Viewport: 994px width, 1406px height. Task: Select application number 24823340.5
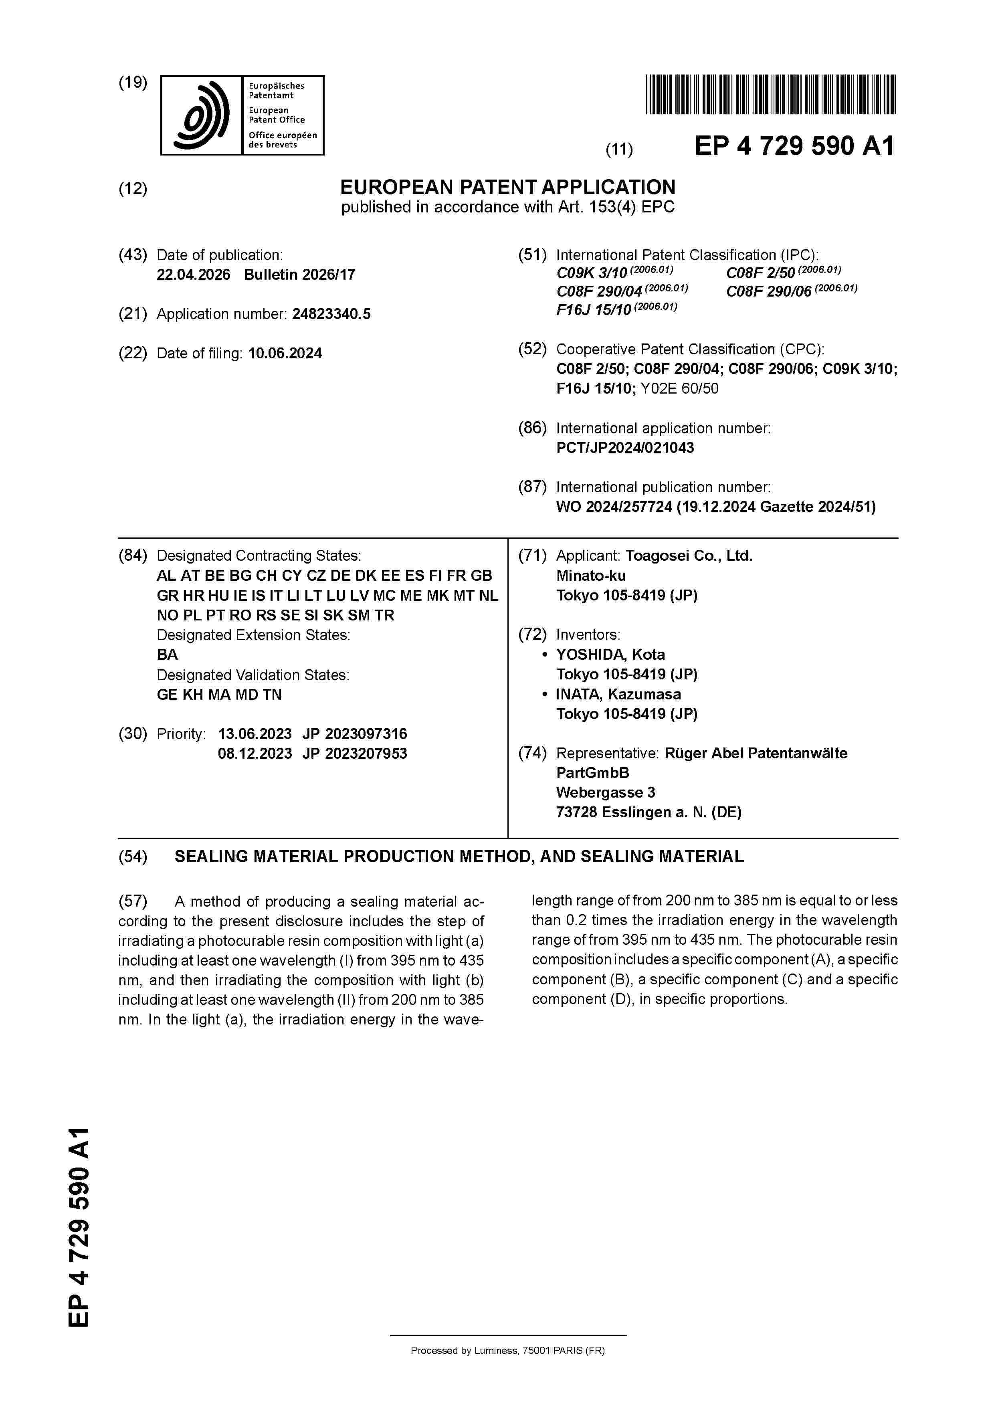(x=331, y=314)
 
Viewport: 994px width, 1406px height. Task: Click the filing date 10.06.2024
(x=285, y=354)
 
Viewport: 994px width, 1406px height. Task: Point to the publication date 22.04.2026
(x=194, y=274)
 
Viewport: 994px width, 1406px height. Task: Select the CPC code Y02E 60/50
(x=679, y=388)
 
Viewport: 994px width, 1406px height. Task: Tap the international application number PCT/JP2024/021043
(x=625, y=448)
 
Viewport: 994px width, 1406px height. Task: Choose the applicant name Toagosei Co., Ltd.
(x=689, y=556)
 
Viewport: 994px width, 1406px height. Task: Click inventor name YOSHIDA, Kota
(x=610, y=655)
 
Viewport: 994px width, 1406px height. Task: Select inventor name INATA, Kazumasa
(x=618, y=695)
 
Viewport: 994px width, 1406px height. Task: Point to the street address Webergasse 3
(x=605, y=792)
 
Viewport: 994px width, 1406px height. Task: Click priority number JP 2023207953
(x=355, y=754)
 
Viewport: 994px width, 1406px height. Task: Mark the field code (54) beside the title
(x=133, y=857)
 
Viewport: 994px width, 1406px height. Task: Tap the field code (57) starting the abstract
(x=133, y=901)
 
